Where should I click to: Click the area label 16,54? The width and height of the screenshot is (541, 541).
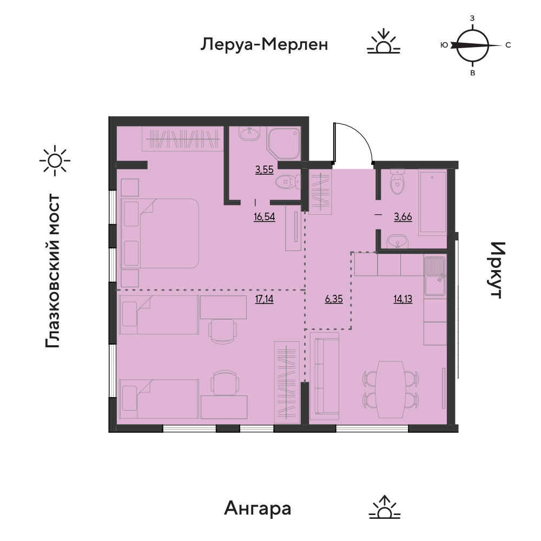pyautogui.click(x=265, y=217)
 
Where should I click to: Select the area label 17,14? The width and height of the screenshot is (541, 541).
pyautogui.click(x=265, y=299)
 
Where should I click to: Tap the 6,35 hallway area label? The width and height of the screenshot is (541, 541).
pyautogui.click(x=334, y=299)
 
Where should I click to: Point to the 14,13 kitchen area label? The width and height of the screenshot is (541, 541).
pyautogui.click(x=403, y=299)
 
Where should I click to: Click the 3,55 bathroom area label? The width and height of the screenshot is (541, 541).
pyautogui.click(x=265, y=170)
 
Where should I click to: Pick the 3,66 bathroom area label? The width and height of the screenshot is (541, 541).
pyautogui.click(x=403, y=217)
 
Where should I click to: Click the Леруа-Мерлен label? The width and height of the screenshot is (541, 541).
pyautogui.click(x=265, y=44)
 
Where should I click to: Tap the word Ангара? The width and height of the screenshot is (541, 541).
pyautogui.click(x=258, y=508)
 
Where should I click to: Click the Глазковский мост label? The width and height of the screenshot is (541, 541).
pyautogui.click(x=53, y=270)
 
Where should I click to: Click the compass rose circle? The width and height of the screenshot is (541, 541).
pyautogui.click(x=473, y=45)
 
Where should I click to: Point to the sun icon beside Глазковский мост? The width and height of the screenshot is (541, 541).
pyautogui.click(x=55, y=161)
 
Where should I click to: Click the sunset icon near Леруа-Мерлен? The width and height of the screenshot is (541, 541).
pyautogui.click(x=384, y=42)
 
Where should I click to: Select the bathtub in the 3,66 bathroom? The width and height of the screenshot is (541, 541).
pyautogui.click(x=433, y=202)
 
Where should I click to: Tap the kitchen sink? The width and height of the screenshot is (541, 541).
pyautogui.click(x=436, y=276)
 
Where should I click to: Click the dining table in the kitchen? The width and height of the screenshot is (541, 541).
pyautogui.click(x=391, y=390)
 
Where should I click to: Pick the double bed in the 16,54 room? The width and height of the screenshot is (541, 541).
pyautogui.click(x=160, y=233)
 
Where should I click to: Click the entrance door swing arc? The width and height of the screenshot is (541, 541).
pyautogui.click(x=358, y=138)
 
